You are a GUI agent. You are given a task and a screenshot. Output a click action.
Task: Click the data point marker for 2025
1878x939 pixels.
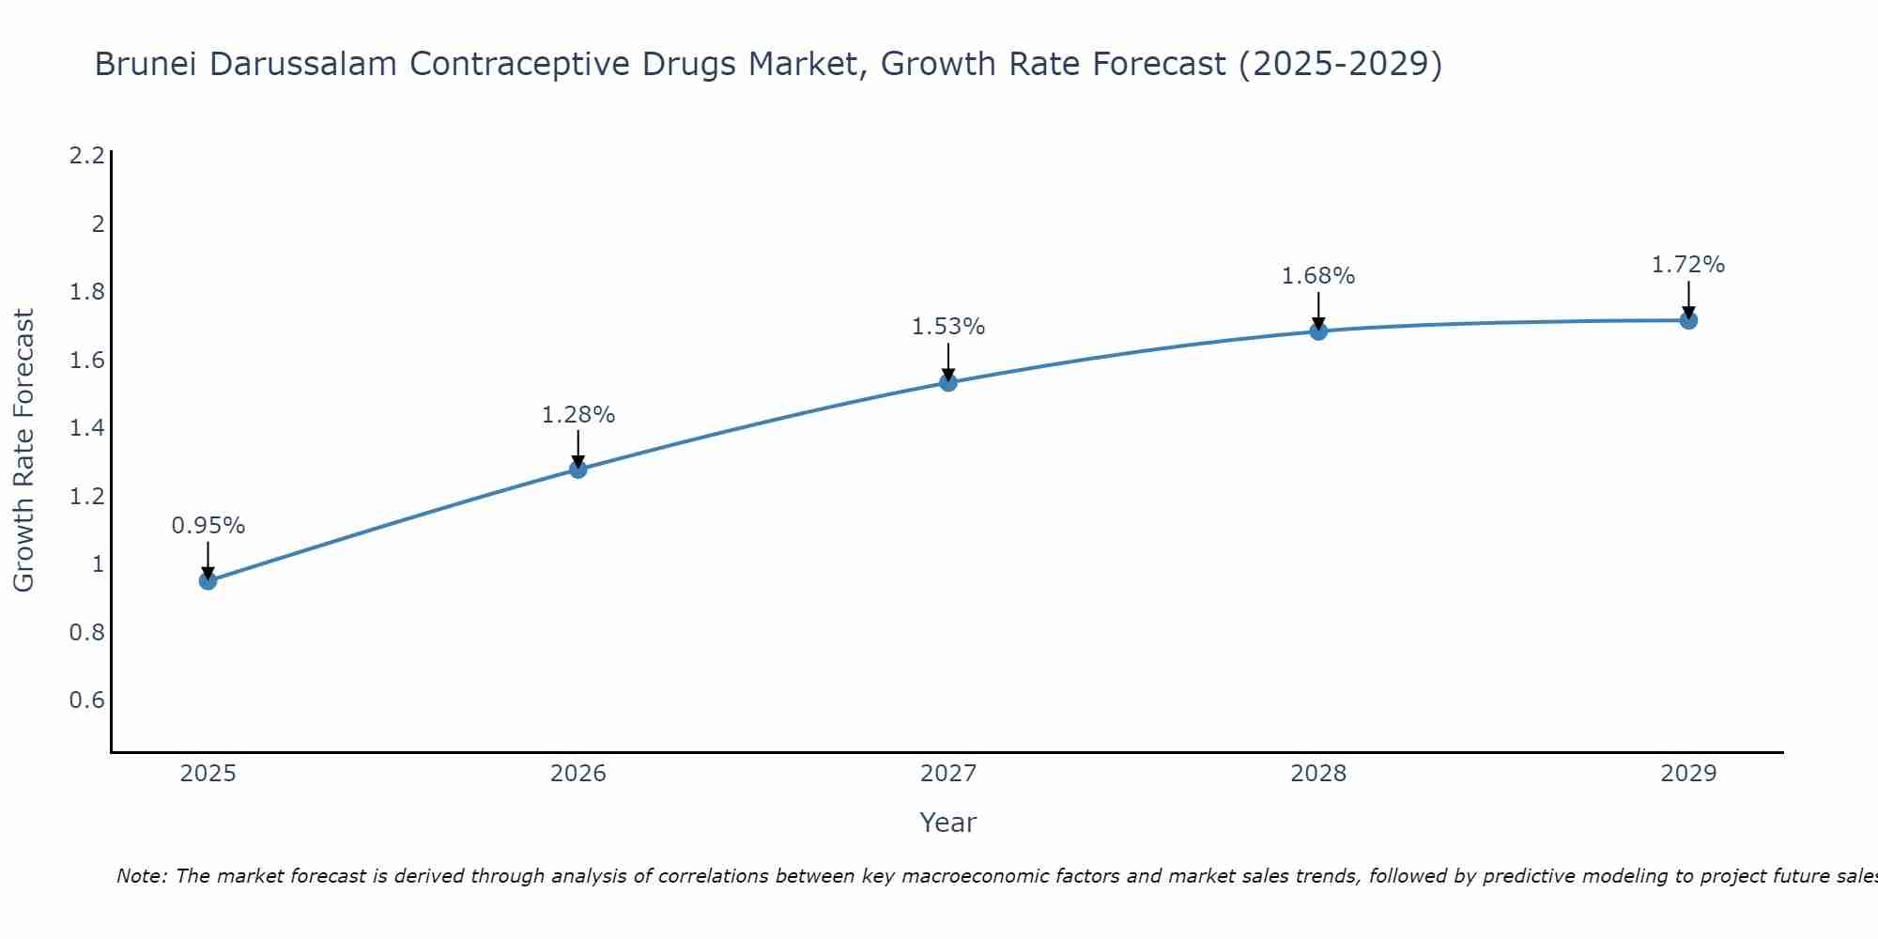coord(208,581)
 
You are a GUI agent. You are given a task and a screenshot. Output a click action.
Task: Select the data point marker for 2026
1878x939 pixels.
coord(578,469)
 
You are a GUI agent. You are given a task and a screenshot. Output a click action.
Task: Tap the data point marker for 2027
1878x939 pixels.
coord(948,382)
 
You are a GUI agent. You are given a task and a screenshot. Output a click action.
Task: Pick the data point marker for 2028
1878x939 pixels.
coord(1318,331)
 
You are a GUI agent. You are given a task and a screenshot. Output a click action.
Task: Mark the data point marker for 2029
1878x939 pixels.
coord(1688,320)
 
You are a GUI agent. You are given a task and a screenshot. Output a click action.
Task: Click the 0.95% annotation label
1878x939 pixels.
coord(208,526)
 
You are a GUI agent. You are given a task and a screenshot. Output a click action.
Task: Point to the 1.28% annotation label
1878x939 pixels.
coord(578,414)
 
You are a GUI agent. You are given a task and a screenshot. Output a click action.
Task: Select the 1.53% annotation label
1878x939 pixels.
coord(948,327)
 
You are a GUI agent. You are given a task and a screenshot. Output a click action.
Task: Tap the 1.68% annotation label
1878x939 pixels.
coord(1318,276)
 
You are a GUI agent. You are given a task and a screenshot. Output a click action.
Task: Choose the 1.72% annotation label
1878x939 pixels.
coord(1688,265)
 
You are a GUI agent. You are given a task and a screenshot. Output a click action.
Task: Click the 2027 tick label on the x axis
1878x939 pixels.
coord(948,774)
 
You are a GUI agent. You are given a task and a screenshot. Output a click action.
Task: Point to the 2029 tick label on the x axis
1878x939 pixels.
coord(1688,774)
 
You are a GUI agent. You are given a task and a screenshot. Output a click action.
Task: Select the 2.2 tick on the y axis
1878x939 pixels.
coord(86,156)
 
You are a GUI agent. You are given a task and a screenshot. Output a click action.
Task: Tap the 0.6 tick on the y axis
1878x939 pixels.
coord(86,700)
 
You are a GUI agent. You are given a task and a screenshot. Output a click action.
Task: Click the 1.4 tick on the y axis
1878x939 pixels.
coord(86,428)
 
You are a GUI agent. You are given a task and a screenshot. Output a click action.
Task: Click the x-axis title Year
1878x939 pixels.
coord(948,823)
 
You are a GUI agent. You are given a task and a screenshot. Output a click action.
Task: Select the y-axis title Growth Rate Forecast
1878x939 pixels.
coord(23,451)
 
